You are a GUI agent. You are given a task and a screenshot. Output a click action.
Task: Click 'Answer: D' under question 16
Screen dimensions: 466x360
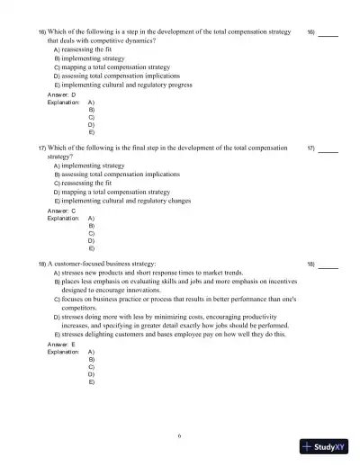[61, 94]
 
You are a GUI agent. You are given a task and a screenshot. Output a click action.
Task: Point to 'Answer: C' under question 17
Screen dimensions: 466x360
[61, 211]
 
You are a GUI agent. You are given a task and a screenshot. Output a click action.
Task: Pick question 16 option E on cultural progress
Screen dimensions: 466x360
[131, 85]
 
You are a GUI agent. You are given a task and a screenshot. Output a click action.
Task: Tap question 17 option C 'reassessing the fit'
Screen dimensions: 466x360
[91, 184]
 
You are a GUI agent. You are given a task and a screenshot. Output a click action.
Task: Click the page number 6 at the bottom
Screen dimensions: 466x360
[179, 436]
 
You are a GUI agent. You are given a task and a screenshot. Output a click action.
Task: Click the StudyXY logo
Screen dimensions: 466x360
[326, 447]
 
